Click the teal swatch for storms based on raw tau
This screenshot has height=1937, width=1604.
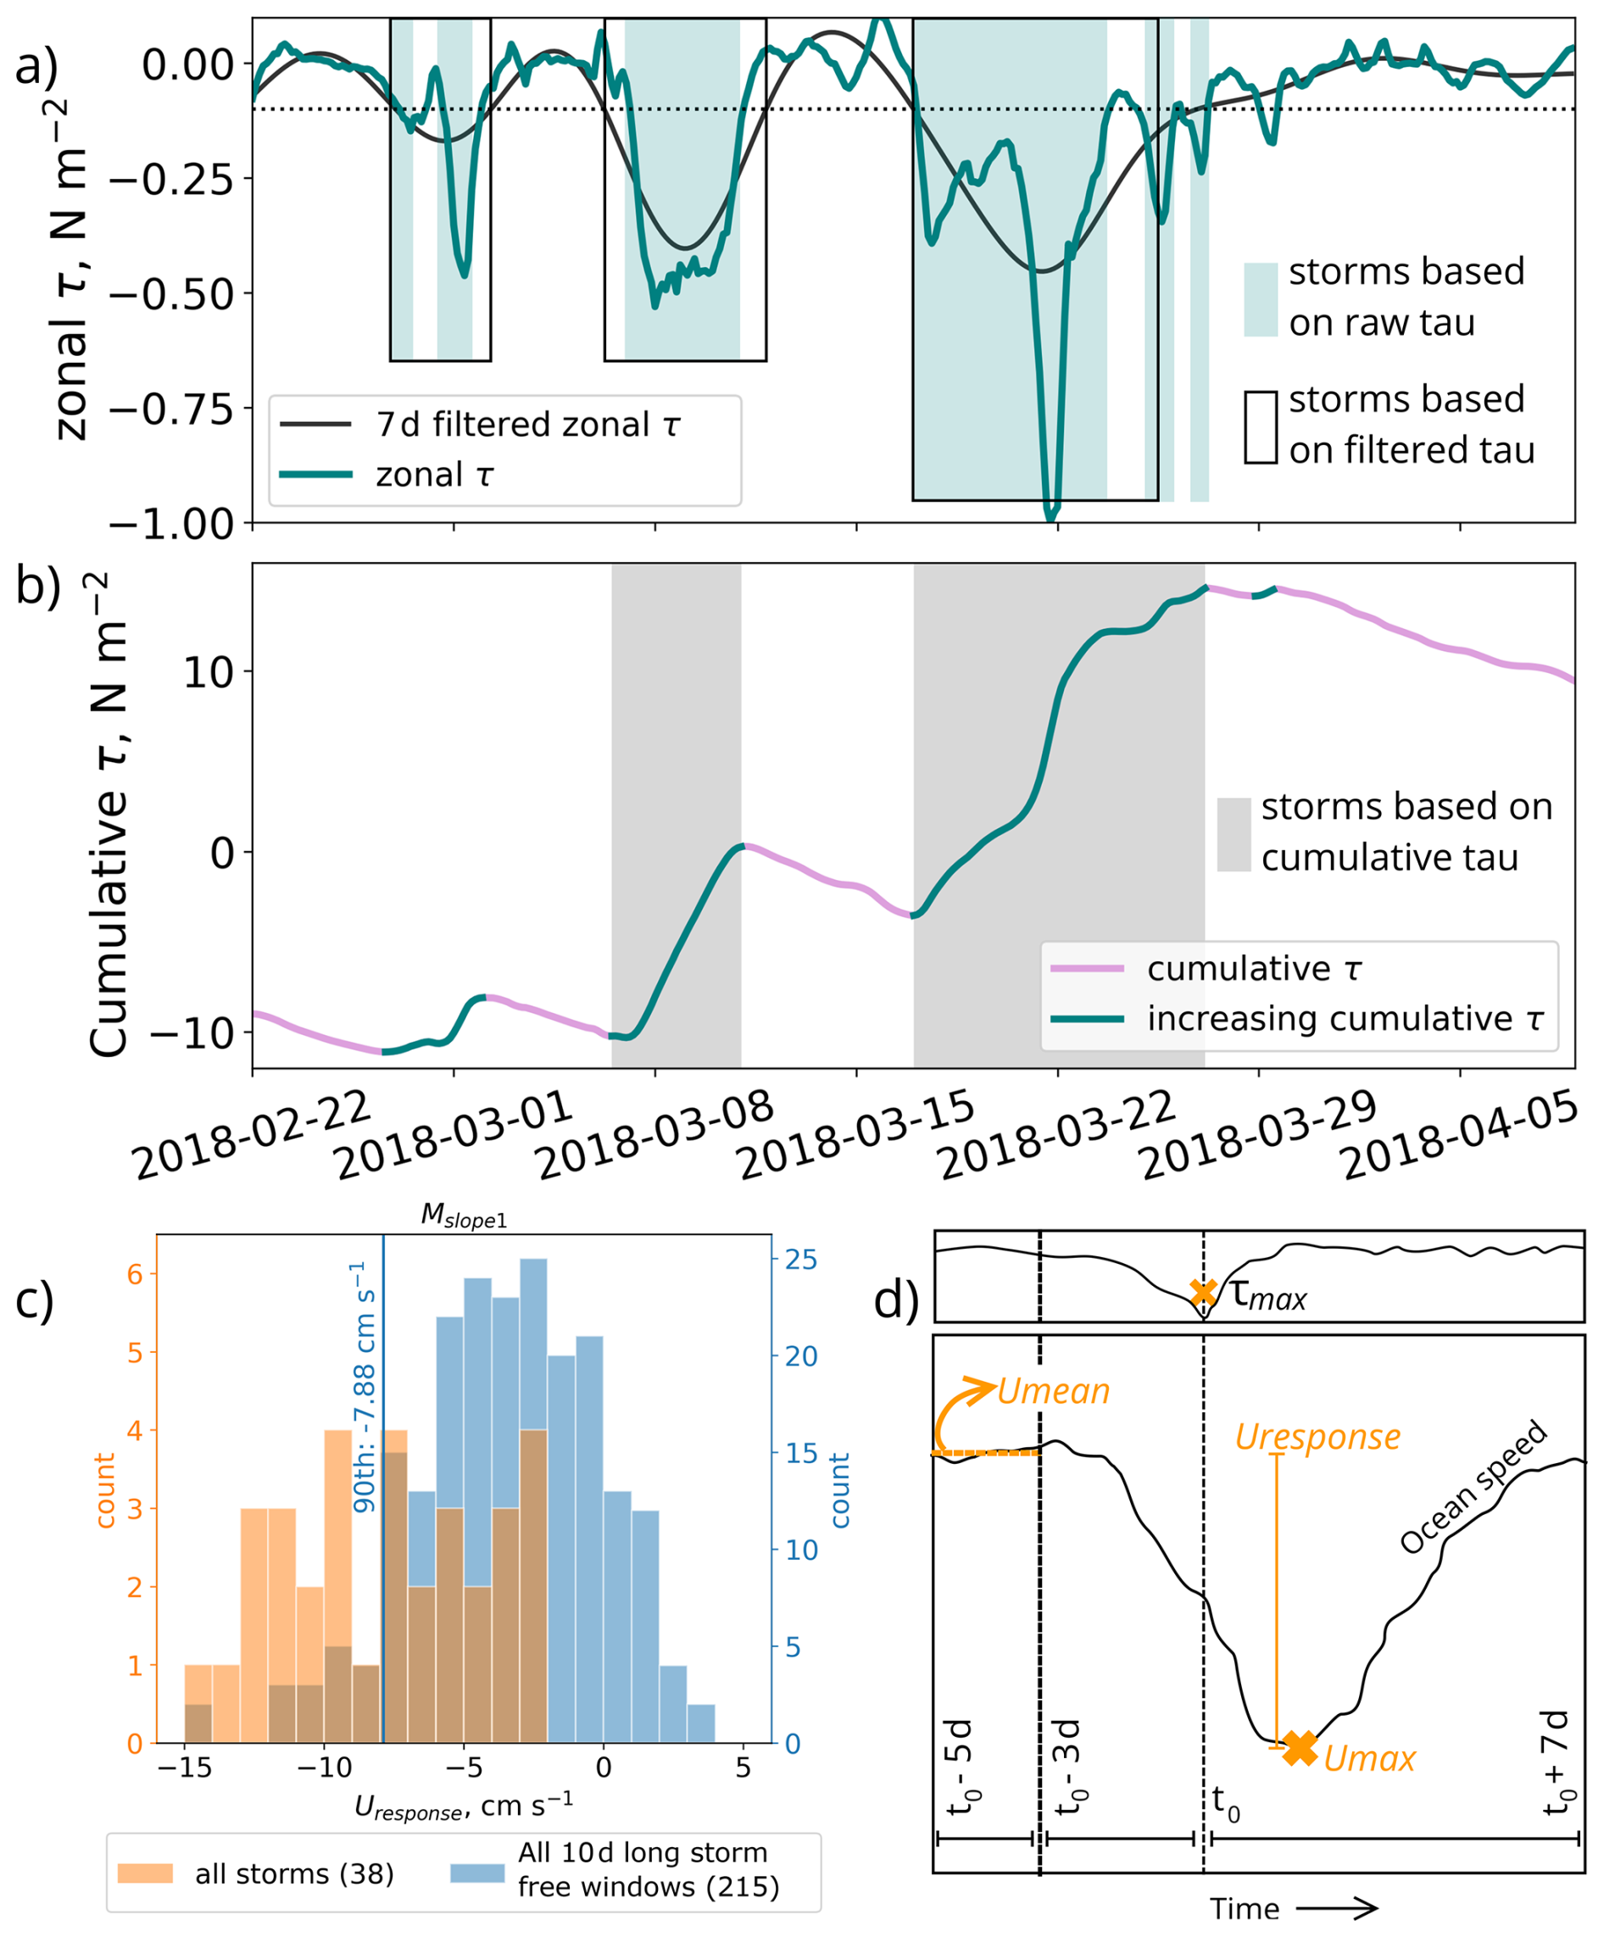(x=1260, y=300)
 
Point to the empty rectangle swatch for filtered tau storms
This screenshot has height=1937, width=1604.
(x=1260, y=427)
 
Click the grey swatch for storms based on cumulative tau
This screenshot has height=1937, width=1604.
(x=1234, y=834)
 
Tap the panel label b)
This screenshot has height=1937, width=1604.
(x=38, y=587)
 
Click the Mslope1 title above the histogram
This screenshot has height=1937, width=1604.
(x=464, y=1216)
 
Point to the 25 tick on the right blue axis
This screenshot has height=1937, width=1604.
(x=799, y=1260)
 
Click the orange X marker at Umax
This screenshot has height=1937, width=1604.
(x=1300, y=1748)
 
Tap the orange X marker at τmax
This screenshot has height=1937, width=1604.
(x=1203, y=1292)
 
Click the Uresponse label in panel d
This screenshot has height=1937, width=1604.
(x=1317, y=1438)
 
